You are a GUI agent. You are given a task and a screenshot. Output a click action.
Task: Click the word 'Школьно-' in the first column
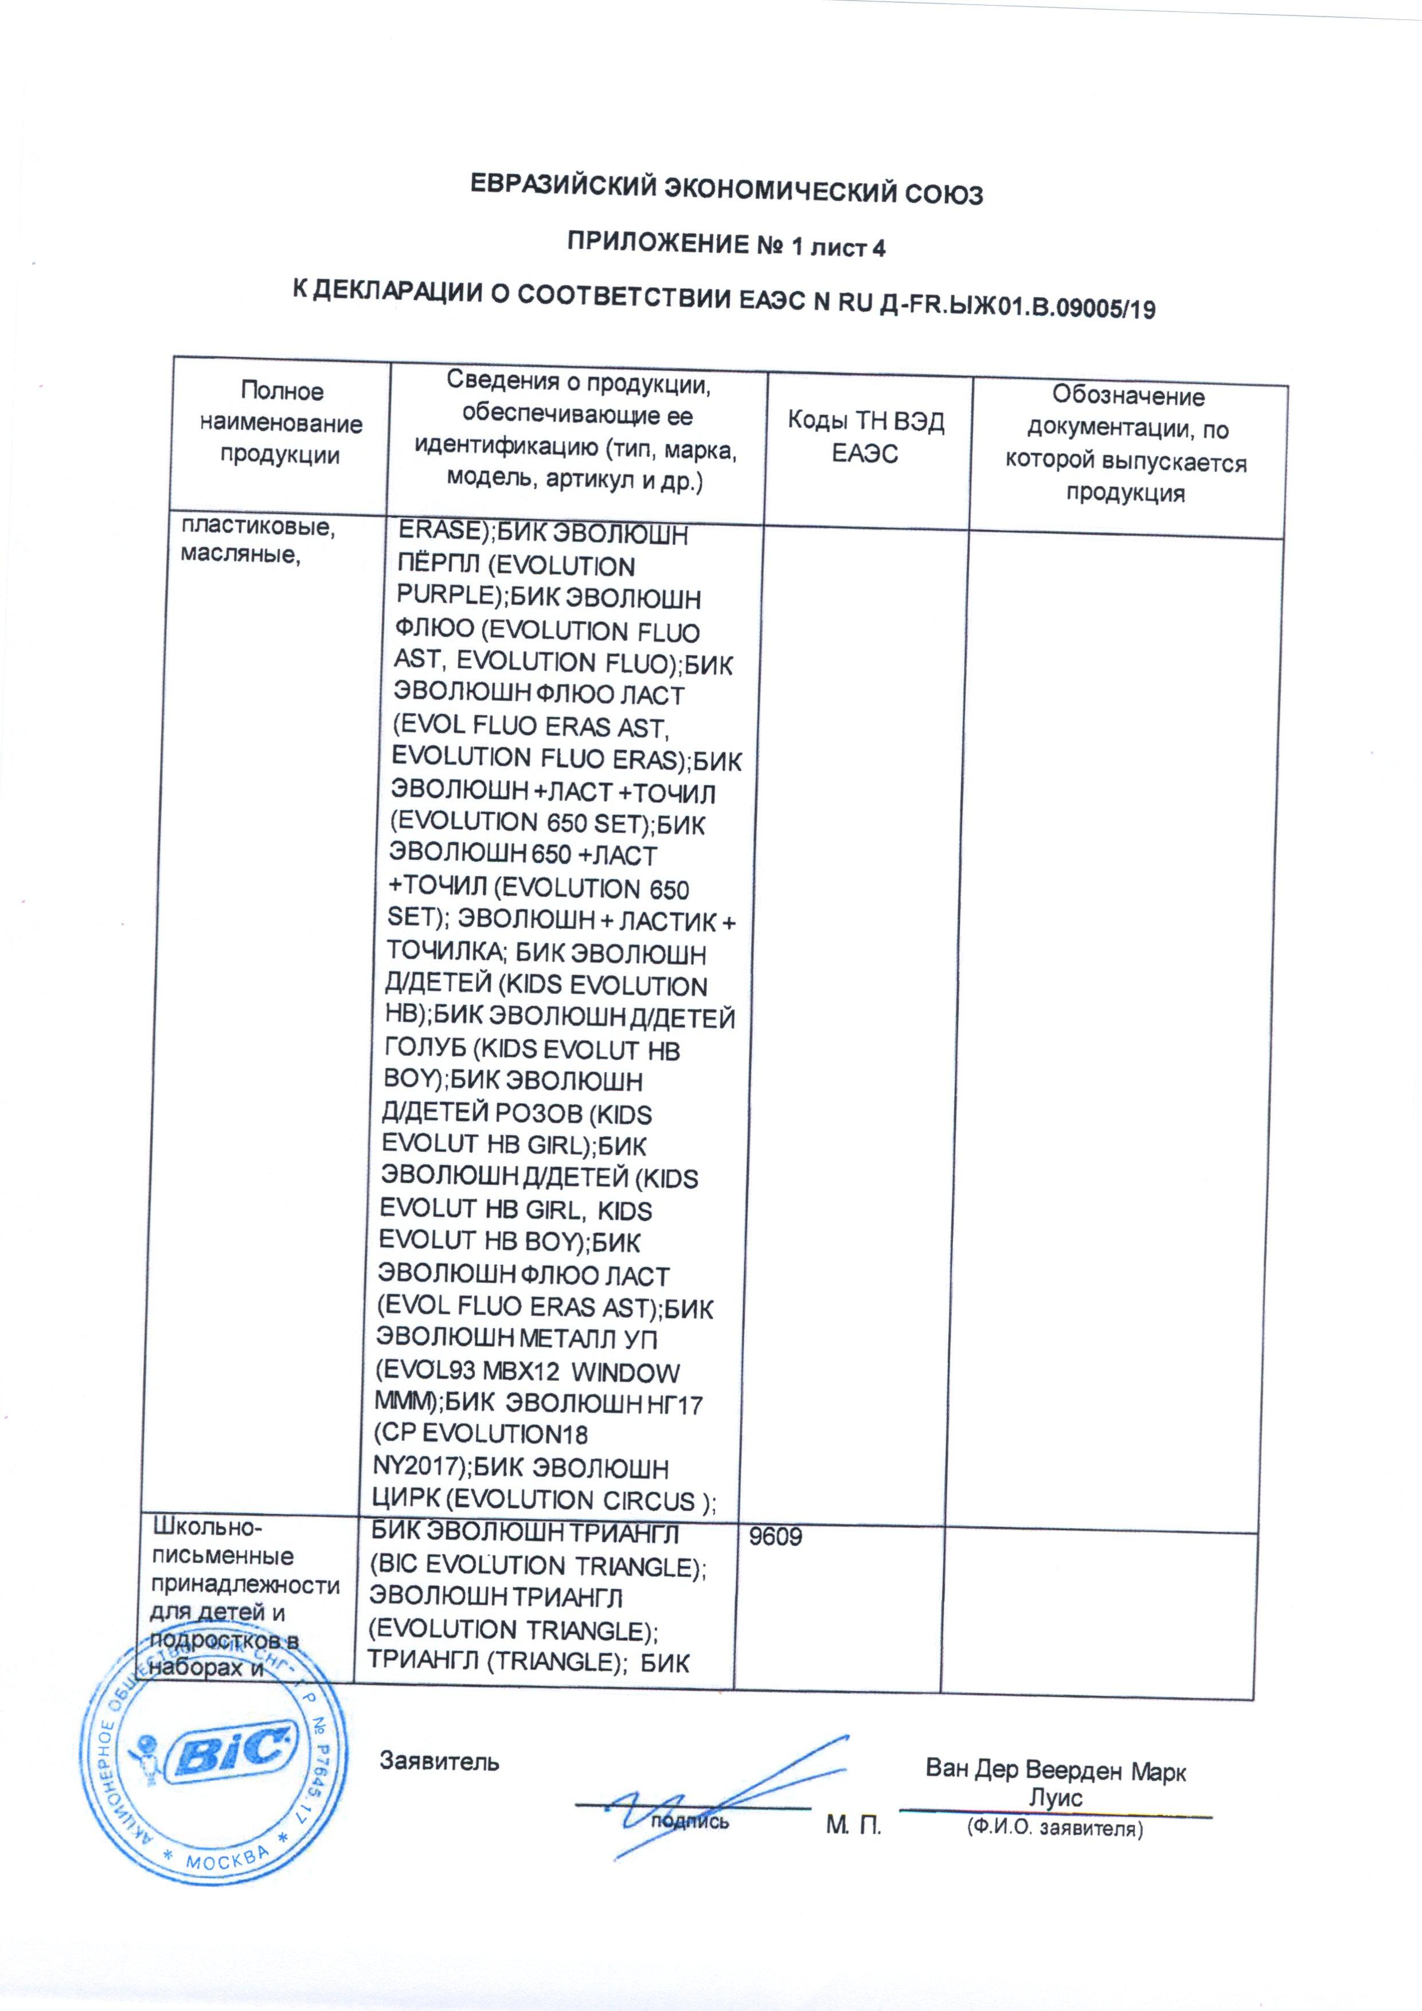tap(205, 1529)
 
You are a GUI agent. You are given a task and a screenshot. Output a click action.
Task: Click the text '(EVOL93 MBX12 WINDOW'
tap(526, 1373)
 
